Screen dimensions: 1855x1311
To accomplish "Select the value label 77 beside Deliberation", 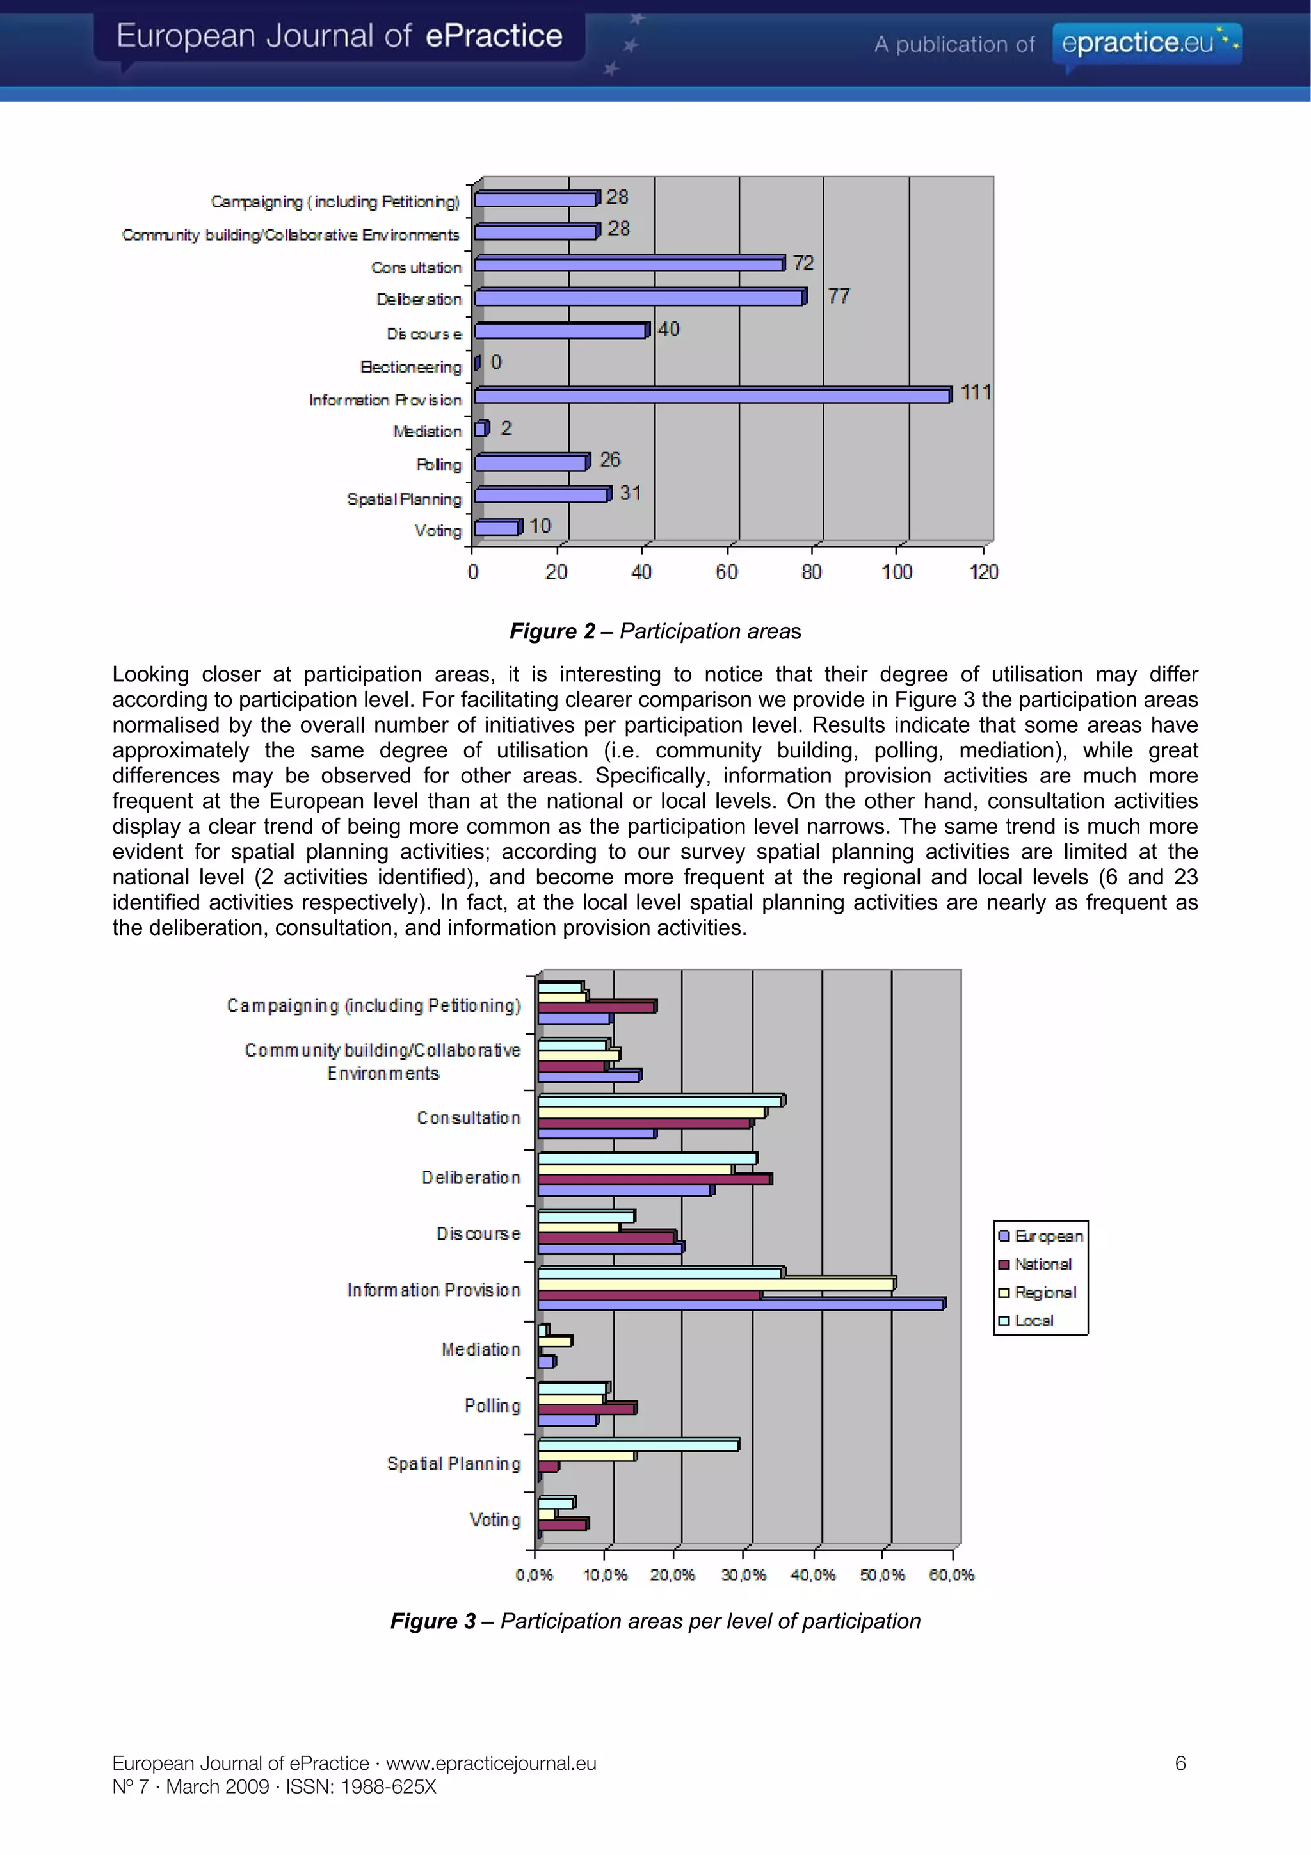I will click(x=839, y=296).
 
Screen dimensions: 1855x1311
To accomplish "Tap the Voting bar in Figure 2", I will click(x=497, y=528).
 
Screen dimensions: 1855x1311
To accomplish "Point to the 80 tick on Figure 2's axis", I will click(x=811, y=572).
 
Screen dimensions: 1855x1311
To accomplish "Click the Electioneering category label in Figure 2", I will click(x=411, y=367).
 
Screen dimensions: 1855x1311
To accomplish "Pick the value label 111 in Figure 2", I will click(x=975, y=393).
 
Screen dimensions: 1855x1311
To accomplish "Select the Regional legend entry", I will click(x=1045, y=1293).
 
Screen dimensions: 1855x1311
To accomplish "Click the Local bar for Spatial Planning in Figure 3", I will click(x=638, y=1445).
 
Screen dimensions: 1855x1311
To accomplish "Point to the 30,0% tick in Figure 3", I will click(x=743, y=1575).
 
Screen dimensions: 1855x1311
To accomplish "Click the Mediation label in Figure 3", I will click(x=481, y=1349).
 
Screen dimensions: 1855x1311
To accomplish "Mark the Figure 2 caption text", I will click(x=655, y=631).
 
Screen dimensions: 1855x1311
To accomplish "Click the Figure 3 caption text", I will click(x=655, y=1621).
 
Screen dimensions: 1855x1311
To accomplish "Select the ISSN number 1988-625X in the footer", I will click(x=389, y=1786).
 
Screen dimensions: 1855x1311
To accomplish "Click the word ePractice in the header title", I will click(x=494, y=36).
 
